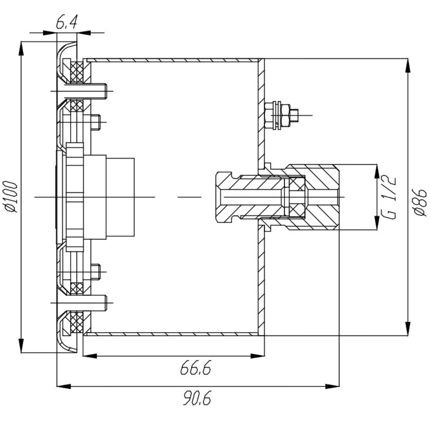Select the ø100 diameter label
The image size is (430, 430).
pos(12,196)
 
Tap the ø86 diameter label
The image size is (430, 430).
pos(420,202)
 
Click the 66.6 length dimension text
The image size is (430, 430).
pos(195,368)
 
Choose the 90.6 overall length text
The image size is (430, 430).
pos(197,399)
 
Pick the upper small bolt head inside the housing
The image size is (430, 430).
pos(96,122)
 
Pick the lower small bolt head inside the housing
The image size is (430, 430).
pos(96,272)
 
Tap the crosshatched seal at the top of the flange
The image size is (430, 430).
pos(77,72)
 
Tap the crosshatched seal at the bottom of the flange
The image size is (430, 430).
pos(77,322)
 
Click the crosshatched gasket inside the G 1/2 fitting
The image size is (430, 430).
pos(297,197)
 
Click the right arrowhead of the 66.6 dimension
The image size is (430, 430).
pos(258,356)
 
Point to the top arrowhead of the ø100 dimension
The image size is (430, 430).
pos(21,49)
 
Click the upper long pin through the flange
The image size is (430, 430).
pos(82,91)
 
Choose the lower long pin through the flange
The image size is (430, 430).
pos(82,303)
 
